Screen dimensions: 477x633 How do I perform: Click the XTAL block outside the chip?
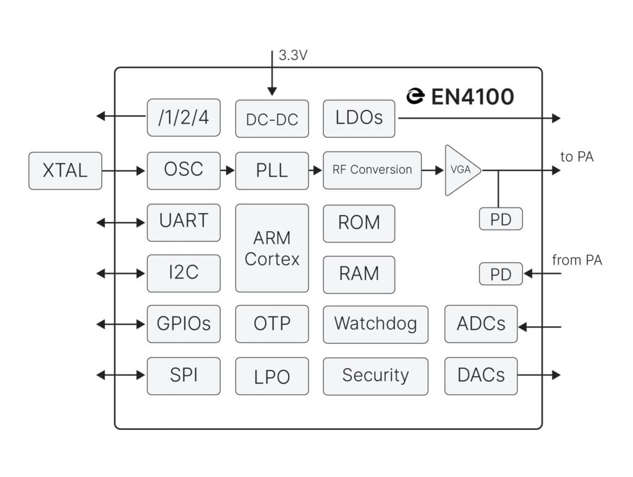point(65,171)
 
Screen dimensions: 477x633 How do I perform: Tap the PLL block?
point(272,171)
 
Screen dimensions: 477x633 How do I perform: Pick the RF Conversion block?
point(372,170)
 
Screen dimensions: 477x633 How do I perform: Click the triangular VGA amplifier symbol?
point(461,170)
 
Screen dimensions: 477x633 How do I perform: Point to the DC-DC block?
point(272,119)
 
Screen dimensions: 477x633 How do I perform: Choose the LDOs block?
point(359,118)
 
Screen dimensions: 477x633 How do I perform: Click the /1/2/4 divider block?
point(184,117)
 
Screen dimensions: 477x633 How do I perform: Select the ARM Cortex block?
point(272,248)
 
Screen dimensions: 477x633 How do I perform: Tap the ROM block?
point(359,223)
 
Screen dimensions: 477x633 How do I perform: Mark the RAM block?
point(359,274)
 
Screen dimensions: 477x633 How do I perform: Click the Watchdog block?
point(375,324)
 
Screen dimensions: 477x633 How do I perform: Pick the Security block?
point(375,376)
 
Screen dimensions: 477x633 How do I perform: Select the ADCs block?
point(481,324)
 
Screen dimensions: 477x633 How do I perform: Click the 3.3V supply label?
point(293,56)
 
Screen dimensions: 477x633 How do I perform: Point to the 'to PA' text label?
point(577,157)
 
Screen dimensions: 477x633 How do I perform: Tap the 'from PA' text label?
point(577,261)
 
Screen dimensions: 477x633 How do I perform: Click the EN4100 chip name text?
point(472,97)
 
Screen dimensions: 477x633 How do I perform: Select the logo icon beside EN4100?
point(415,96)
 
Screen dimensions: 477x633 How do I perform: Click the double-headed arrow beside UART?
point(121,222)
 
